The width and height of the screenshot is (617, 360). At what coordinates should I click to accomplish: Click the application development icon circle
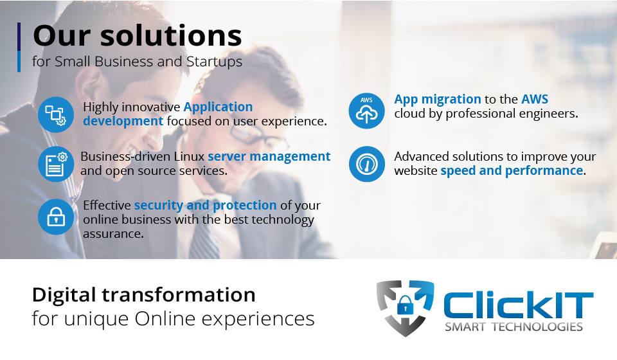(56, 114)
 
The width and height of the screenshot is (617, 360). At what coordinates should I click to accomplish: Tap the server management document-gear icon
(56, 164)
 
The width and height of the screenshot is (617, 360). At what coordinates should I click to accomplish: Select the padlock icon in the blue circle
(56, 217)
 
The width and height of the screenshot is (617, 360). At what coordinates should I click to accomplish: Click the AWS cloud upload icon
(366, 111)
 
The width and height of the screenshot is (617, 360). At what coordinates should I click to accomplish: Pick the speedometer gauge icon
(366, 164)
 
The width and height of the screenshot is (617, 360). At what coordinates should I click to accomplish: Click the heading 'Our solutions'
(138, 35)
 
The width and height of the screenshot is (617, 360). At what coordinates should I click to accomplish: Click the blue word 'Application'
(218, 107)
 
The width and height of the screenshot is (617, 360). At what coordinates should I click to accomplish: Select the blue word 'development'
(123, 122)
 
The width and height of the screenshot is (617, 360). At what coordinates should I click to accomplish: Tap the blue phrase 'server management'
(269, 156)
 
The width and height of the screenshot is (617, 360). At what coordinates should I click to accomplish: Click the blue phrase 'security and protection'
(206, 205)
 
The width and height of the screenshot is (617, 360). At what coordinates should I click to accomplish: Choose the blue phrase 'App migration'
(438, 99)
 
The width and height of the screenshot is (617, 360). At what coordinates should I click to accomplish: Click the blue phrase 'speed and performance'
(512, 171)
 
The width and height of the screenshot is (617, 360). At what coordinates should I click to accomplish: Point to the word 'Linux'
(189, 156)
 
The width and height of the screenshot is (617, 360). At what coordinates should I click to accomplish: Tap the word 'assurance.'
(113, 234)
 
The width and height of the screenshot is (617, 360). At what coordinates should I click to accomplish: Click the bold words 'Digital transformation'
(143, 295)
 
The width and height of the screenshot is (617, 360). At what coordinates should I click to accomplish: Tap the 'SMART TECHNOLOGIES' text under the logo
(514, 327)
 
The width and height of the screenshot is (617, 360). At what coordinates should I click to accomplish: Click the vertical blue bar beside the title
(19, 47)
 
